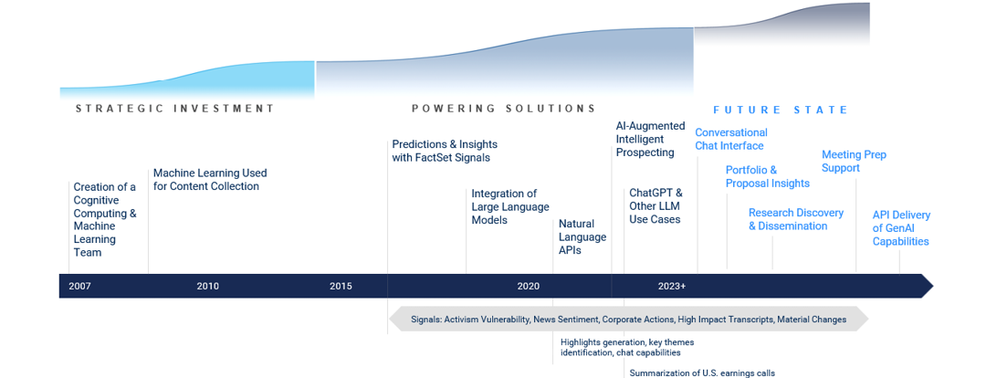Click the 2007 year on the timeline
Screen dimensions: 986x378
pos(79,286)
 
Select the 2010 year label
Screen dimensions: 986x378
pos(207,286)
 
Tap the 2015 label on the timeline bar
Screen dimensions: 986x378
pos(341,286)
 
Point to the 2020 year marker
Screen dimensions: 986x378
pos(529,286)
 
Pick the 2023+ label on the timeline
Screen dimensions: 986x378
pos(672,286)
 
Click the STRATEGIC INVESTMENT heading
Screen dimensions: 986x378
pos(174,108)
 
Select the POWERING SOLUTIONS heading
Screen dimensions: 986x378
pos(504,108)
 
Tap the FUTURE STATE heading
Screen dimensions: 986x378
pos(781,110)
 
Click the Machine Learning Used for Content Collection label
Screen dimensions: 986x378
pos(210,179)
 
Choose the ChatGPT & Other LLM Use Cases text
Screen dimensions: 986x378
pos(656,205)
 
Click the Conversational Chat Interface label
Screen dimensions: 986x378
pos(730,139)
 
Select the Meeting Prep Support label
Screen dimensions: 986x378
pos(854,161)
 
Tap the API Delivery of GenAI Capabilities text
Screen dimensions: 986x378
pos(901,228)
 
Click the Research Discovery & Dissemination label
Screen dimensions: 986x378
pos(795,219)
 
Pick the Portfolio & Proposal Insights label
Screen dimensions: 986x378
pos(767,177)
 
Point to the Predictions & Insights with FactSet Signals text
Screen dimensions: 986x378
pos(445,151)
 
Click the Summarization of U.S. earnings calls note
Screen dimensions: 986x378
pos(702,373)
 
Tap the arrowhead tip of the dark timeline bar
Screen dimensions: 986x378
pos(933,286)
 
